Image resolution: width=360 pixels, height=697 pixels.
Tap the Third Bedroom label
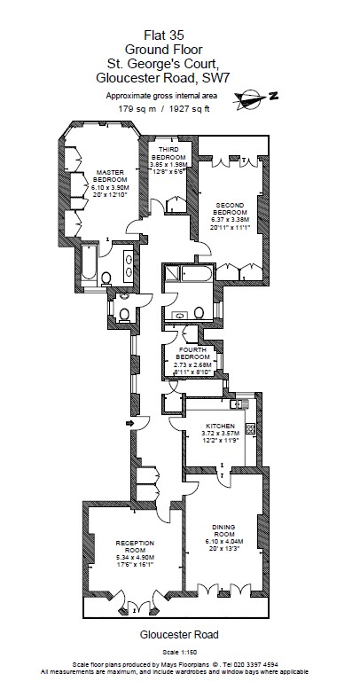(168, 153)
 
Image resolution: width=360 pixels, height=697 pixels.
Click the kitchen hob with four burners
(251, 428)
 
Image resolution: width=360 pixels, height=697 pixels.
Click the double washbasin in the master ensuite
(129, 265)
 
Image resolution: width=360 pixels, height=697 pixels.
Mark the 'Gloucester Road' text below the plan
(179, 635)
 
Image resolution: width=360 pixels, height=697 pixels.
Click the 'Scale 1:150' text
(179, 652)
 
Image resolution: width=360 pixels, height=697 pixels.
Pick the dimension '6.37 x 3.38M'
(230, 220)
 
